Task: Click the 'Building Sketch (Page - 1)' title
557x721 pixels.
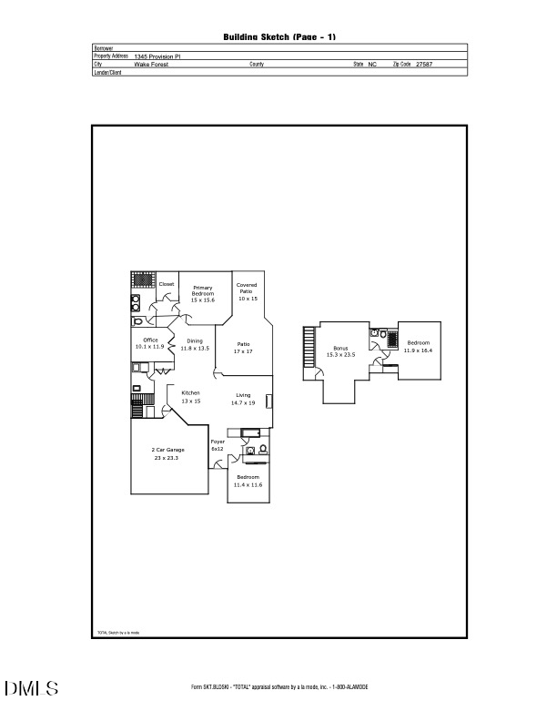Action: point(279,36)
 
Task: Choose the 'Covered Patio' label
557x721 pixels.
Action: point(247,288)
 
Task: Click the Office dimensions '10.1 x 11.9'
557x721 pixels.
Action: point(149,347)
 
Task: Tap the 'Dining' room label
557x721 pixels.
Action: point(195,341)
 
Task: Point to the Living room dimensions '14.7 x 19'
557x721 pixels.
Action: point(243,401)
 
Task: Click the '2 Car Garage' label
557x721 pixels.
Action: point(167,451)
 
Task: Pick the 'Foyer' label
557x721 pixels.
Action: point(218,442)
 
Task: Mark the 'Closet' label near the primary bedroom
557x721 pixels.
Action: point(167,284)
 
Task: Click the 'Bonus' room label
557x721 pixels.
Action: point(340,349)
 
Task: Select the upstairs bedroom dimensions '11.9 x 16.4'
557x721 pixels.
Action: point(420,350)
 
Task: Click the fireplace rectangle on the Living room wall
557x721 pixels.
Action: point(268,401)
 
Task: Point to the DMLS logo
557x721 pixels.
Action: point(32,688)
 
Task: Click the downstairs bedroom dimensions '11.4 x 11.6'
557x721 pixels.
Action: point(248,485)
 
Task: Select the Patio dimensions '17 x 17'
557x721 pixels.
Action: point(243,350)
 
